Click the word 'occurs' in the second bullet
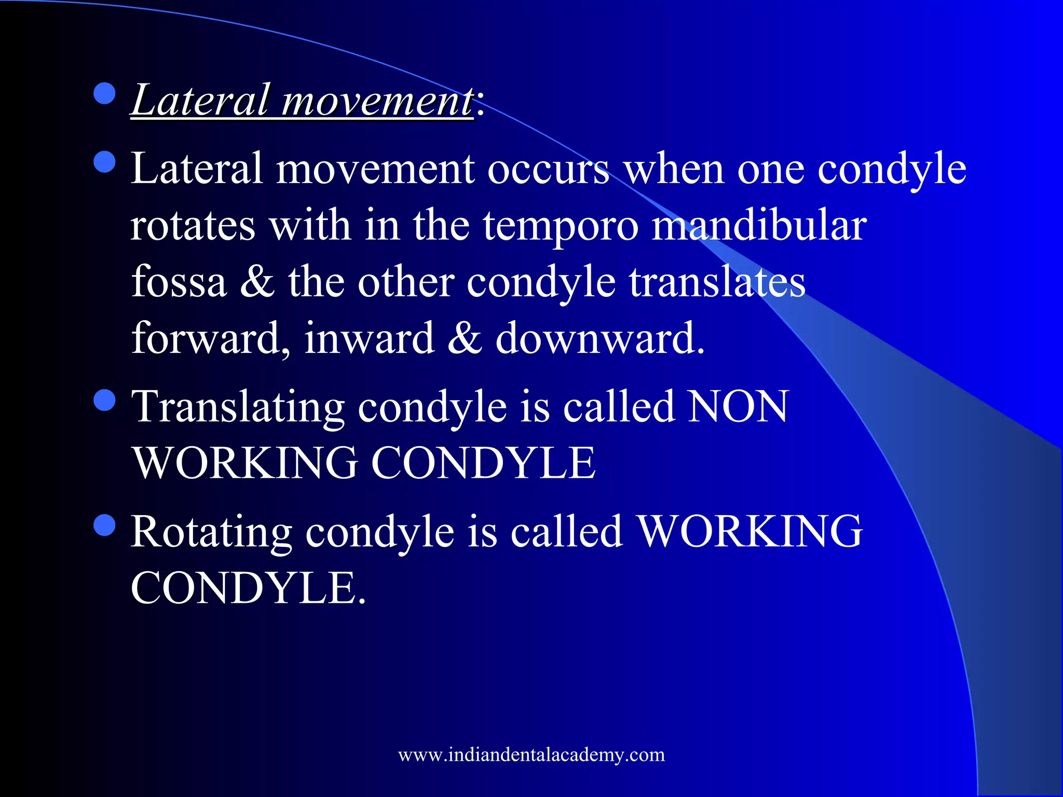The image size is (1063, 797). (548, 169)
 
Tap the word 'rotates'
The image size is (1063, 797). (193, 226)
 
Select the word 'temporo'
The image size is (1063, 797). (561, 227)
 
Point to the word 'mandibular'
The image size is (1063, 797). (759, 226)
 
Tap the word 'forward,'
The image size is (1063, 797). (210, 339)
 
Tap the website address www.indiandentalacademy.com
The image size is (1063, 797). (531, 754)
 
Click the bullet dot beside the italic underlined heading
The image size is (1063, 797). (105, 93)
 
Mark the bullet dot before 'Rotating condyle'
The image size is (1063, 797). (105, 525)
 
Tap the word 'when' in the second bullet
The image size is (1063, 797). (674, 169)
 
